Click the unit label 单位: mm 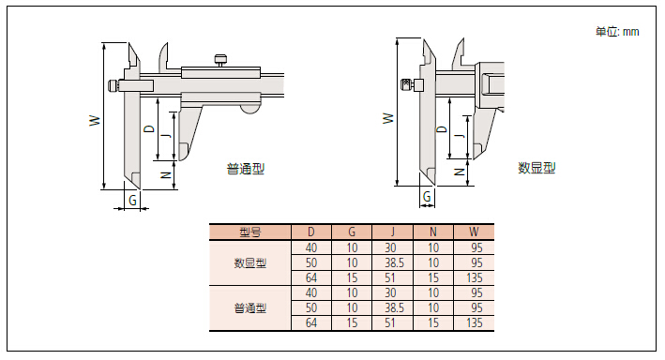click(x=617, y=32)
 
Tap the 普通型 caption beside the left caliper click(x=246, y=169)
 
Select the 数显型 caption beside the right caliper click(x=537, y=168)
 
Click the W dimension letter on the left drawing click(x=95, y=120)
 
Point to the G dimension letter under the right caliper click(x=427, y=196)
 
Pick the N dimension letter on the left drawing click(x=166, y=175)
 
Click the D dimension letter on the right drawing click(x=442, y=129)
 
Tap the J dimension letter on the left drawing click(x=167, y=135)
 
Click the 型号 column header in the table click(x=249, y=232)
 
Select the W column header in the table click(x=474, y=232)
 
